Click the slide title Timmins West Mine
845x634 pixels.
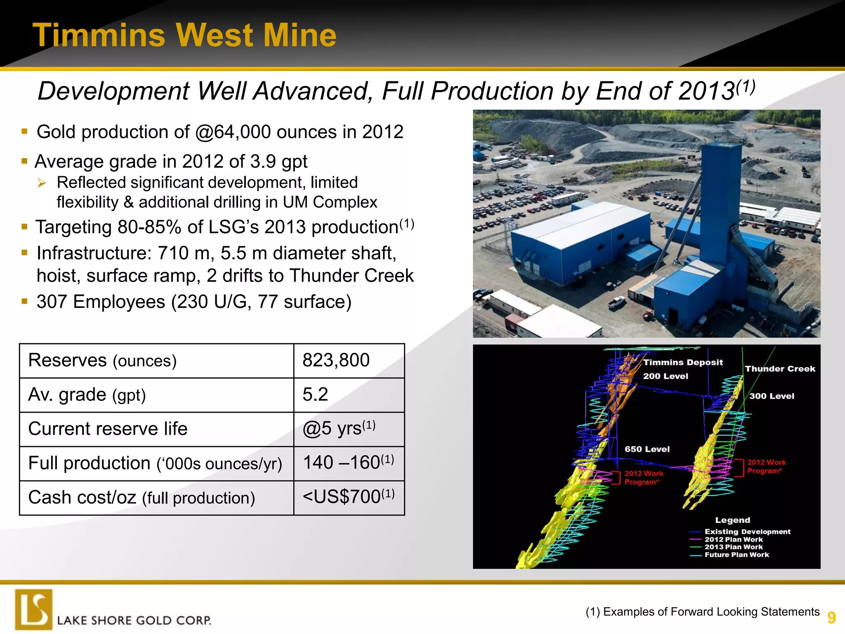pos(184,35)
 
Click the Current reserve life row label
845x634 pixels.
pos(108,429)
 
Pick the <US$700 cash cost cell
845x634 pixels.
pos(348,497)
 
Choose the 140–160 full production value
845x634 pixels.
pos(348,463)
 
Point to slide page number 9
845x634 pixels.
pos(831,618)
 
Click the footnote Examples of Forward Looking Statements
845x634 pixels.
pos(703,612)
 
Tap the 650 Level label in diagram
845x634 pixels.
pos(647,449)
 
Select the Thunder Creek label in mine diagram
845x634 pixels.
pos(780,369)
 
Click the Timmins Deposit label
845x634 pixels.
pos(683,362)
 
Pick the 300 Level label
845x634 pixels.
pos(772,396)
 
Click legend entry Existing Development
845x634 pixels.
pos(747,532)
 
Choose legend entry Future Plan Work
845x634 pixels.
pos(736,555)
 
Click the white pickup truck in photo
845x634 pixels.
pos(618,303)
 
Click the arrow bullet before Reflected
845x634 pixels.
pos(42,183)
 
